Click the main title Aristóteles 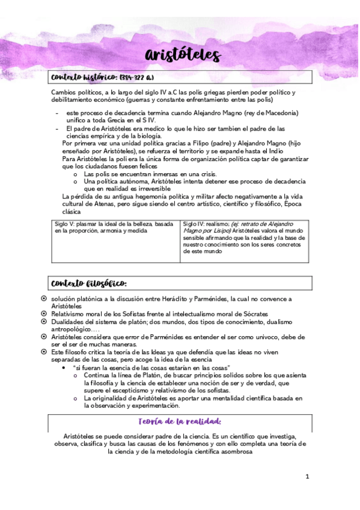click(x=183, y=56)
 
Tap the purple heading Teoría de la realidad click(x=180, y=422)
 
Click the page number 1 click(x=307, y=477)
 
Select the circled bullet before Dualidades click(x=43, y=322)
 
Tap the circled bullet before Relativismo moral click(x=43, y=313)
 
